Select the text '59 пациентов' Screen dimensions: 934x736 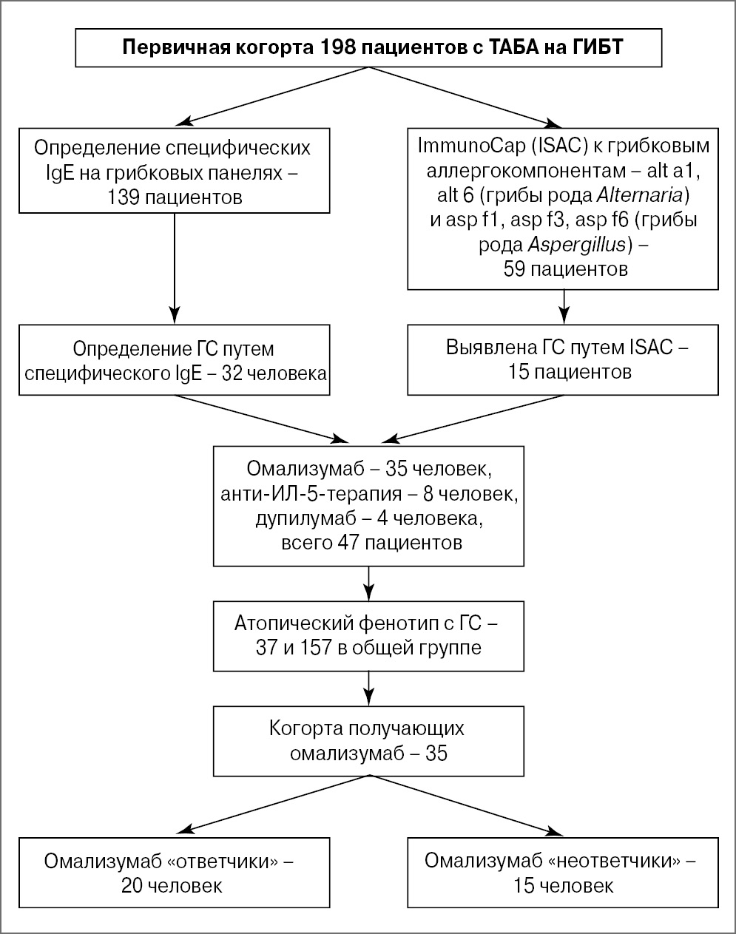pyautogui.click(x=565, y=269)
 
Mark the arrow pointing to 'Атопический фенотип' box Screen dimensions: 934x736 pyautogui.click(x=368, y=583)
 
